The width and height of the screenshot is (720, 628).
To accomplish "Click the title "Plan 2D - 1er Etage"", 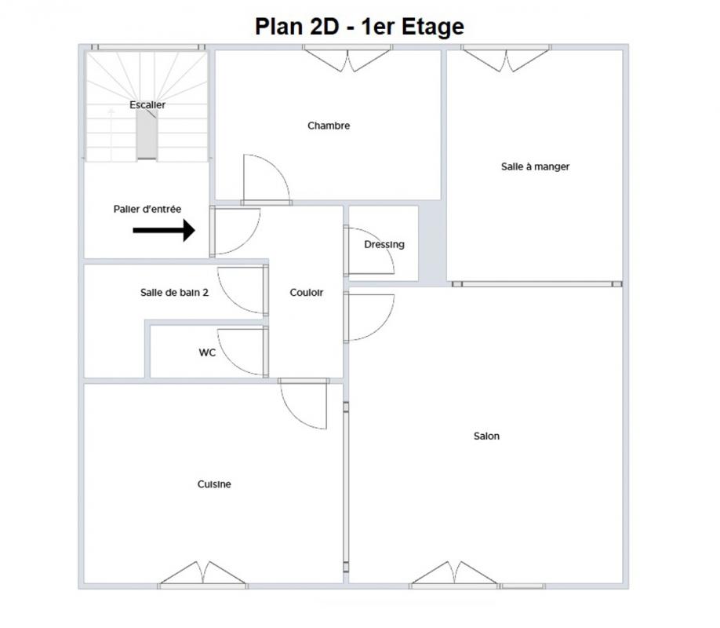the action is tap(359, 27).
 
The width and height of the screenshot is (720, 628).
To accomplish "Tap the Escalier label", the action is tap(147, 105).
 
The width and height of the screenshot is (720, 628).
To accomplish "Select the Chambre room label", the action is tap(329, 126).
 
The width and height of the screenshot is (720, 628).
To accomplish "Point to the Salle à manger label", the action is tap(536, 166).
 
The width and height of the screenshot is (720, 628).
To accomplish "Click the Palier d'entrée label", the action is tap(147, 209).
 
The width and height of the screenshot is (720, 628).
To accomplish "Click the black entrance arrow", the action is tap(164, 230).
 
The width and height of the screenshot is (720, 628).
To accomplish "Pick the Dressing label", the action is tap(384, 245).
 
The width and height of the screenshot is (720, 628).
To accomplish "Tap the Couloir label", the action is tap(307, 292).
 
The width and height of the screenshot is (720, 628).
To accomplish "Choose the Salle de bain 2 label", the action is tap(174, 292).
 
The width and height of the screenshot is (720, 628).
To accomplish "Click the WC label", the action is tap(207, 352).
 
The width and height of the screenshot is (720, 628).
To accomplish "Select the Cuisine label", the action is tap(214, 484).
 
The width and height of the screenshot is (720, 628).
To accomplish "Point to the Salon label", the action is tap(487, 436).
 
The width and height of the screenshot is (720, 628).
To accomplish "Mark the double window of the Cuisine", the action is tap(202, 573).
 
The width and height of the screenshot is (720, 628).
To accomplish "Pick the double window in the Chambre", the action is tap(347, 59).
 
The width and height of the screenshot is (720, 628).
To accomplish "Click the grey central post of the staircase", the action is tap(147, 134).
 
